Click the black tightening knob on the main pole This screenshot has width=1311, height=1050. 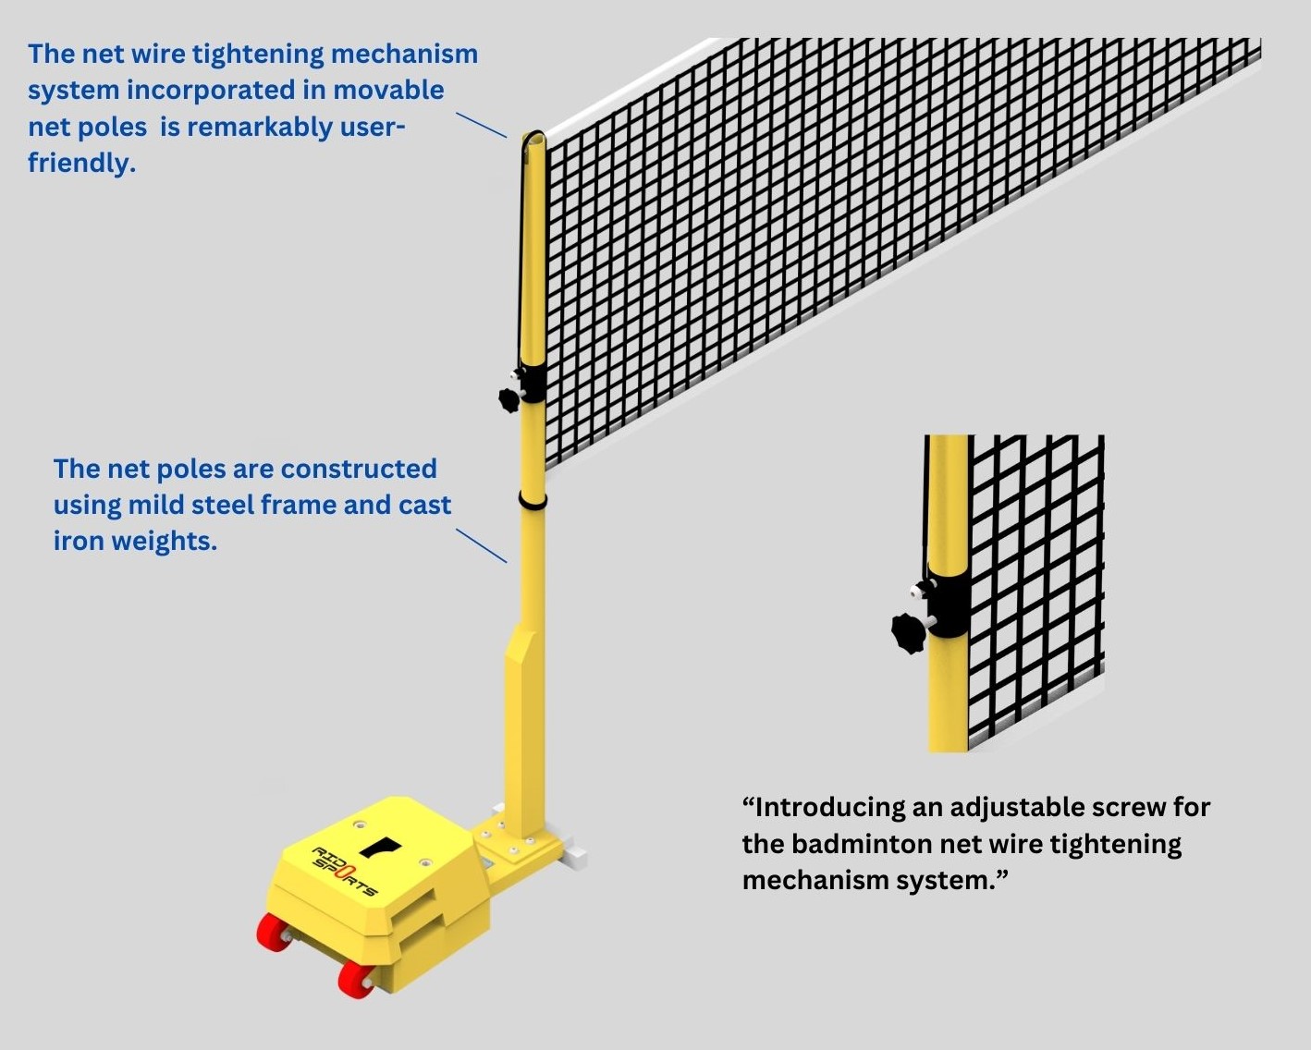509,399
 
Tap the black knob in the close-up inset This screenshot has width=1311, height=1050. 908,633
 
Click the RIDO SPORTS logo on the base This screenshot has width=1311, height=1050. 345,870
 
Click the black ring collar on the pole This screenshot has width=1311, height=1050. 532,500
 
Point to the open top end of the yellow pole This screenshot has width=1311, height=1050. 533,140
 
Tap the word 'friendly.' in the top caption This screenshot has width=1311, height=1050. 81,163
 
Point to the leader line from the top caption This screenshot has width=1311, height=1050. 482,126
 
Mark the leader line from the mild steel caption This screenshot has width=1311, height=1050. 482,545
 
